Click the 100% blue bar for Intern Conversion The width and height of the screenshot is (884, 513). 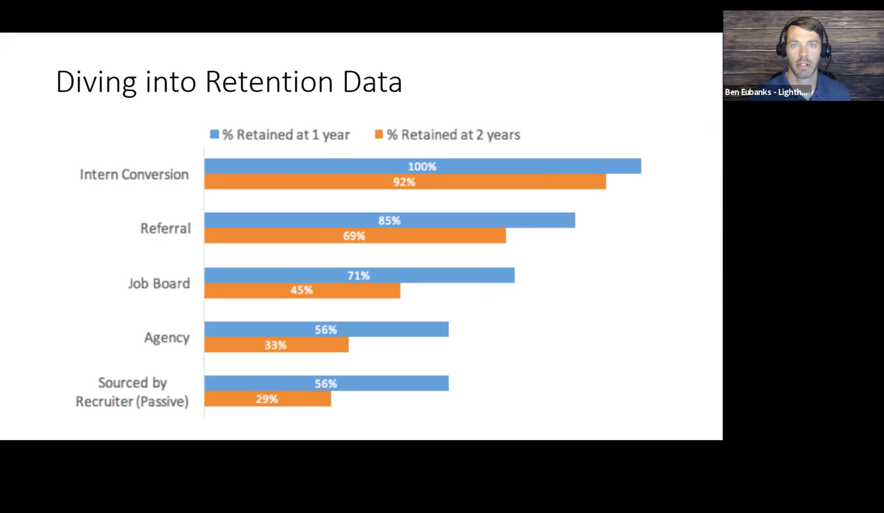click(423, 166)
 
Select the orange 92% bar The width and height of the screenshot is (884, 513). click(405, 182)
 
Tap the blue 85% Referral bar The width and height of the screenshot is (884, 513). click(390, 220)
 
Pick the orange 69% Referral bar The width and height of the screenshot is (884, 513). click(355, 236)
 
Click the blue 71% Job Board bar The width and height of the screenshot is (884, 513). click(359, 275)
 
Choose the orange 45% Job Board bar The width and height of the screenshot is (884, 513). click(302, 290)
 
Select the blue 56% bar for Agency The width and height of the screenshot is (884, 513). click(327, 329)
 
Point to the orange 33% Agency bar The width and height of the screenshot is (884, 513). click(277, 345)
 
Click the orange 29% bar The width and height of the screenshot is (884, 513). click(268, 399)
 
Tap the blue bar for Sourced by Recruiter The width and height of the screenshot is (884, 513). click(327, 383)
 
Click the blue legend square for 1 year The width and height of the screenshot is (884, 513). click(214, 134)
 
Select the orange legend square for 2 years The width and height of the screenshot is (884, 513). click(379, 134)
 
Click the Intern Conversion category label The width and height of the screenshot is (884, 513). click(134, 174)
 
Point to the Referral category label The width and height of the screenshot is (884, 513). click(165, 228)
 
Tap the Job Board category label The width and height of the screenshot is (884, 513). click(159, 283)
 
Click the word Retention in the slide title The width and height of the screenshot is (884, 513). click(269, 82)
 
